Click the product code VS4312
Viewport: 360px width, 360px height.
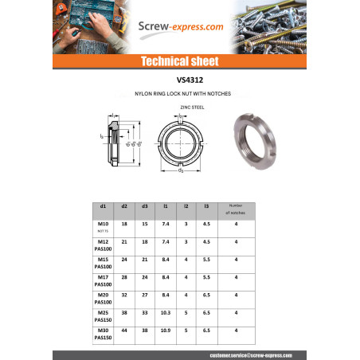point(179,80)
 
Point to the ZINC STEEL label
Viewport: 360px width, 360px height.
point(180,105)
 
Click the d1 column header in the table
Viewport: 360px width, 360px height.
point(102,206)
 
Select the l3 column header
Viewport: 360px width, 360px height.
point(205,206)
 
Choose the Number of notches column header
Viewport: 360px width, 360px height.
point(237,209)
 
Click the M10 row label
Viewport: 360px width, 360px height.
point(102,225)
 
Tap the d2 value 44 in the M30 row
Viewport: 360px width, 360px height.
point(124,330)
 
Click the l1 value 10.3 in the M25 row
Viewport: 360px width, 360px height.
point(165,312)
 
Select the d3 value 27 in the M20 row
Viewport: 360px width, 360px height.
point(144,294)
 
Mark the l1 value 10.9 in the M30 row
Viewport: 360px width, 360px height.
point(165,330)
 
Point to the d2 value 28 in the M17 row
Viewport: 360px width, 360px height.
point(124,276)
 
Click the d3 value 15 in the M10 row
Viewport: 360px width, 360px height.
point(144,225)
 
